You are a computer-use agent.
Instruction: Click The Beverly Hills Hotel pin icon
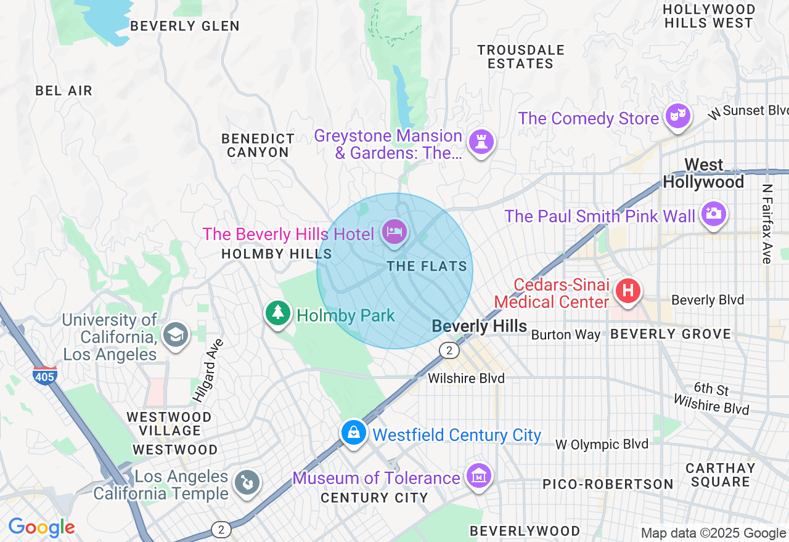click(x=394, y=232)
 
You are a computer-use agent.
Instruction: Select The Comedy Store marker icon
click(x=678, y=116)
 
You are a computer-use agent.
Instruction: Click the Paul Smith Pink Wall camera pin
click(x=713, y=214)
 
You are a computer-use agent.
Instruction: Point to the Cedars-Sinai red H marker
click(x=628, y=290)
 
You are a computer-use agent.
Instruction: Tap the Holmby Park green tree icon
click(x=278, y=313)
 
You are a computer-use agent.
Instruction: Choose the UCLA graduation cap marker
click(x=176, y=335)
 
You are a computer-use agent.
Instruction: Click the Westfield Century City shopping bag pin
click(x=354, y=432)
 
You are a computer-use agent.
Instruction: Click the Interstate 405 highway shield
click(x=45, y=375)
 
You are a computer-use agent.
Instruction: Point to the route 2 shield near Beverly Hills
click(x=449, y=350)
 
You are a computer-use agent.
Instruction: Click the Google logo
click(x=41, y=527)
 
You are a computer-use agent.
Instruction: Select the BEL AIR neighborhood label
click(x=63, y=91)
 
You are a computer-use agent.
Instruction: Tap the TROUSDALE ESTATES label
click(x=521, y=57)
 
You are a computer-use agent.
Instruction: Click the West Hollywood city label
click(x=703, y=174)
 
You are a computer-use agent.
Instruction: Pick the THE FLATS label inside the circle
click(x=427, y=266)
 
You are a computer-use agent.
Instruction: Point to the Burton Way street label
click(x=565, y=335)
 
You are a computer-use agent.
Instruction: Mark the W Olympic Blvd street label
click(x=602, y=444)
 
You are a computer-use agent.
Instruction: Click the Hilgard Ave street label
click(x=207, y=371)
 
